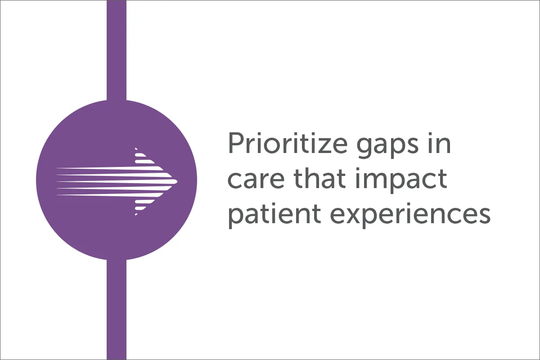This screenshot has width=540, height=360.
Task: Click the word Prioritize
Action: [288, 143]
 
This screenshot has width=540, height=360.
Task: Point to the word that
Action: [320, 178]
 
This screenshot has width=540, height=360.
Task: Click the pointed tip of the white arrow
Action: [177, 181]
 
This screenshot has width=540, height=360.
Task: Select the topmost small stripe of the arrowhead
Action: [136, 148]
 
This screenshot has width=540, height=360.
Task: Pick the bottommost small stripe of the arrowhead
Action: [136, 214]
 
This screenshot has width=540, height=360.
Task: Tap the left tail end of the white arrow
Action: [57, 181]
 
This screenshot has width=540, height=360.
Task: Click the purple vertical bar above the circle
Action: [117, 50]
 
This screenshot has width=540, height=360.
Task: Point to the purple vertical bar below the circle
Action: [117, 310]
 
